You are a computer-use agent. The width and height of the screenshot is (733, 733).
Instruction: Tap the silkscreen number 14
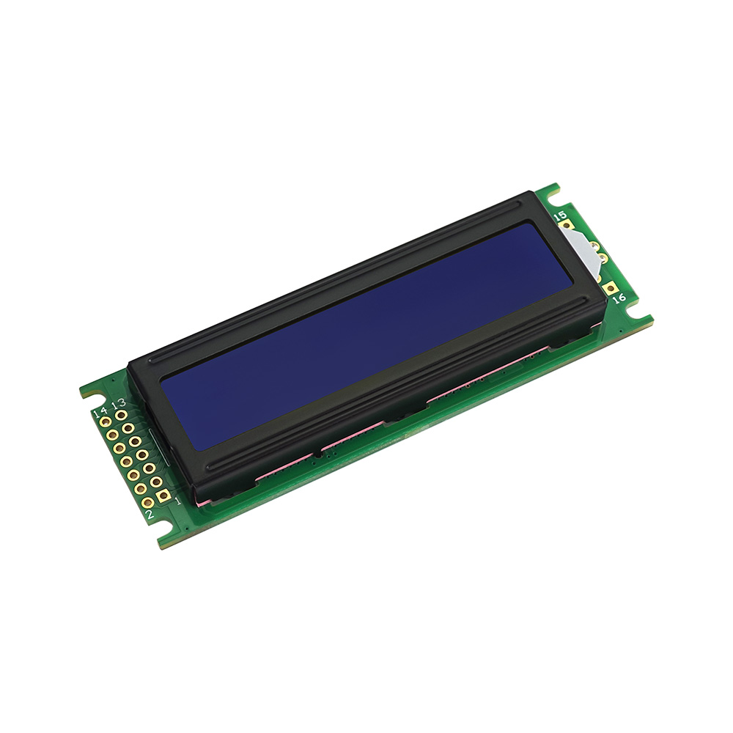pyautogui.click(x=100, y=413)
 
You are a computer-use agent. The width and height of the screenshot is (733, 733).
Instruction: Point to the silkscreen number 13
pyautogui.click(x=119, y=403)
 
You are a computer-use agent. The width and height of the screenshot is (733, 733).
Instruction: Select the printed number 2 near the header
pyautogui.click(x=150, y=515)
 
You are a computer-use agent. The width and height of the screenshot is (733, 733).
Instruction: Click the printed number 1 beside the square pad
pyautogui.click(x=177, y=501)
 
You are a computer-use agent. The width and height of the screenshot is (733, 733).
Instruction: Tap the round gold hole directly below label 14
pyautogui.click(x=106, y=423)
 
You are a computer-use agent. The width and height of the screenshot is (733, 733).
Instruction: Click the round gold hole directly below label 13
pyautogui.click(x=122, y=414)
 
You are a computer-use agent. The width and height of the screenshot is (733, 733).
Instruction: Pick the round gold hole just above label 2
pyautogui.click(x=147, y=503)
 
